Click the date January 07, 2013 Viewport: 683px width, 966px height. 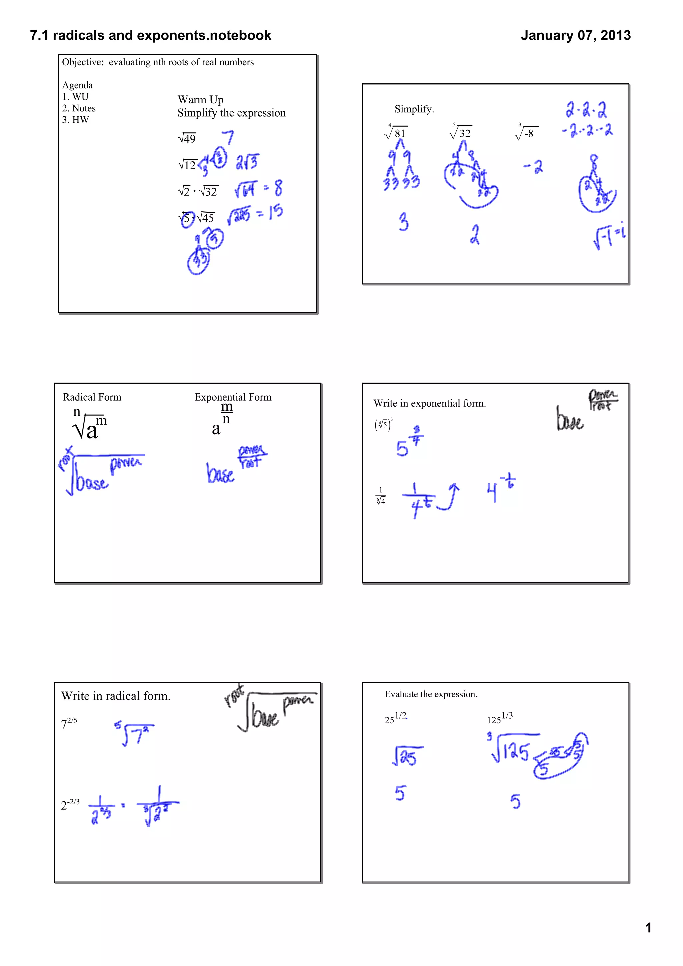pyautogui.click(x=575, y=35)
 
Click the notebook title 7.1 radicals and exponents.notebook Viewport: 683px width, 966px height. pyautogui.click(x=151, y=35)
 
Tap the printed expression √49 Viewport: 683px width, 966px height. pyautogui.click(x=187, y=138)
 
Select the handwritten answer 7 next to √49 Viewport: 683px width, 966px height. pyautogui.click(x=228, y=137)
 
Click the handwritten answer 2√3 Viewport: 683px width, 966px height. pyautogui.click(x=247, y=162)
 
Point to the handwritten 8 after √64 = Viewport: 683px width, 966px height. pyautogui.click(x=278, y=188)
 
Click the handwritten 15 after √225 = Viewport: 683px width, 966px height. pyautogui.click(x=276, y=212)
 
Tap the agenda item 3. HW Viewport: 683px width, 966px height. pyautogui.click(x=76, y=120)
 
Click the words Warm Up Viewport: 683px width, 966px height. pyautogui.click(x=200, y=100)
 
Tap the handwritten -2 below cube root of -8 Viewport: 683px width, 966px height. pyautogui.click(x=534, y=167)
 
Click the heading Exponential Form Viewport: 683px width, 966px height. pyautogui.click(x=233, y=397)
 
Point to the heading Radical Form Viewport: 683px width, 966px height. pyautogui.click(x=92, y=397)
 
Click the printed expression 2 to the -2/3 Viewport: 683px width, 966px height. pyautogui.click(x=70, y=804)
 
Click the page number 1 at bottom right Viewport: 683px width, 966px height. pyautogui.click(x=648, y=927)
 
